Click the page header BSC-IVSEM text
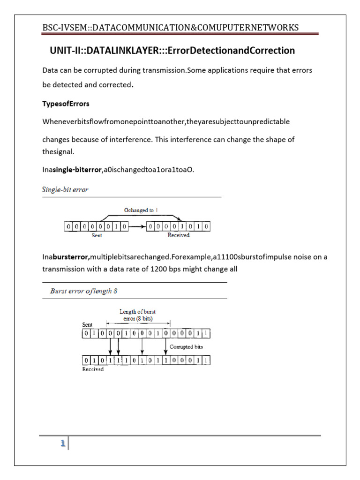[x=170, y=28]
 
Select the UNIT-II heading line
[x=172, y=50]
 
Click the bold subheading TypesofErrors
[x=66, y=103]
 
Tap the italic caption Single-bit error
[x=65, y=190]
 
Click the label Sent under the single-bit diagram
[x=97, y=235]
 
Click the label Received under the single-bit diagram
[x=178, y=235]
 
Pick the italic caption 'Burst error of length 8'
[x=83, y=291]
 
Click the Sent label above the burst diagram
[x=87, y=324]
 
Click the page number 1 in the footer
[x=61, y=443]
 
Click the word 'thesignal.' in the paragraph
[x=58, y=151]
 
